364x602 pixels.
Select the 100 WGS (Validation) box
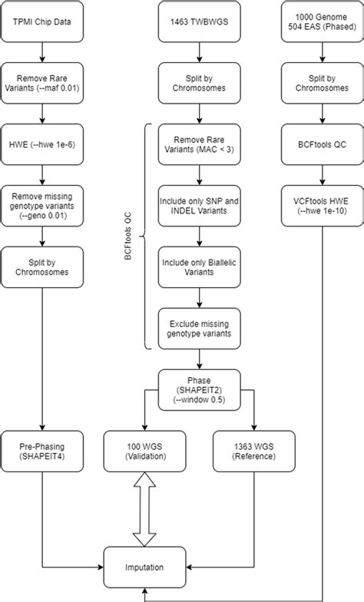[x=142, y=451]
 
